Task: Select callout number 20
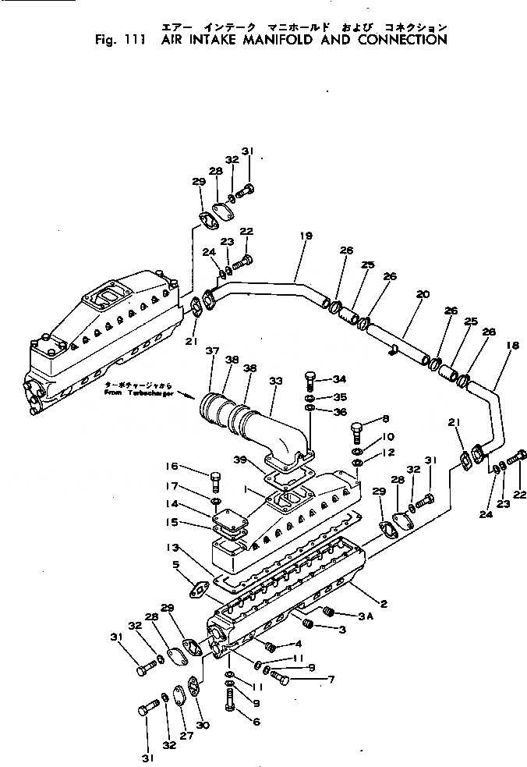point(422,295)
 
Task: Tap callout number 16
point(172,467)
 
